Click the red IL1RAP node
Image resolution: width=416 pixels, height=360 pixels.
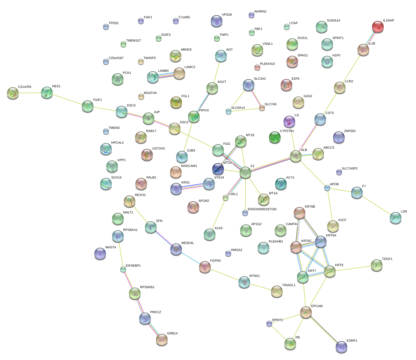pos(378,27)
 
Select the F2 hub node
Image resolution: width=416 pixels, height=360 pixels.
pos(245,172)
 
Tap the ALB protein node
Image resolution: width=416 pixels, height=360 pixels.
pos(296,156)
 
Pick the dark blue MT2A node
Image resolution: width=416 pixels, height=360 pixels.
pos(218,169)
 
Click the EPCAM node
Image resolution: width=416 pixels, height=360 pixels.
pos(306,312)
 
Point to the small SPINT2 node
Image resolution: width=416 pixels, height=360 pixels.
pos(269,324)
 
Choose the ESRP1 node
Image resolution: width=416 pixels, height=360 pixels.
pos(341,347)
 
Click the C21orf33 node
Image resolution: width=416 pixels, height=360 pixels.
pos(13,93)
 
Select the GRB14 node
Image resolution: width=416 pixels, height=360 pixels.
pos(162,340)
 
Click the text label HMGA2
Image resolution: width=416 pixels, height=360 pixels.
pos(236,250)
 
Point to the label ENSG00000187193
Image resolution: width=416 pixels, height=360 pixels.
pos(262,209)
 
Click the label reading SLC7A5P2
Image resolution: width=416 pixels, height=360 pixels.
pos(350,169)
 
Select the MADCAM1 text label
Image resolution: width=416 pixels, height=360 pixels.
pos(189,166)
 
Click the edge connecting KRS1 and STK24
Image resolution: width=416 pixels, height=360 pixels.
pos(192,186)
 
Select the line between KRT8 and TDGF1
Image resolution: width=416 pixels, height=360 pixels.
pos(353,268)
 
